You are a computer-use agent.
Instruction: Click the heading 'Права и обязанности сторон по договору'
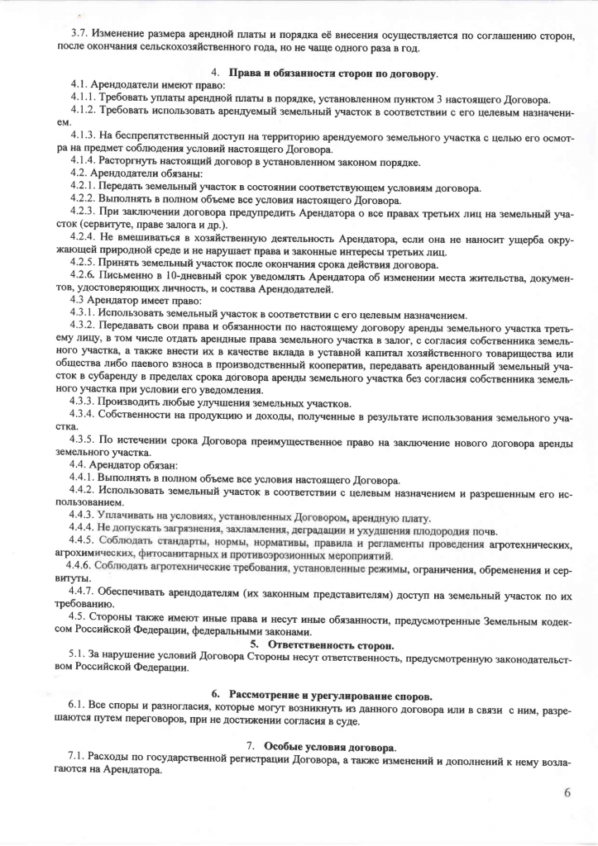pyautogui.click(x=332, y=74)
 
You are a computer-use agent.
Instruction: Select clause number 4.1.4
pyautogui.click(x=86, y=161)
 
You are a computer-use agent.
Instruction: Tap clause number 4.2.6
pyautogui.click(x=86, y=274)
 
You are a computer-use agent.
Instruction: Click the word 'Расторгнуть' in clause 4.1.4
pyautogui.click(x=134, y=161)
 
